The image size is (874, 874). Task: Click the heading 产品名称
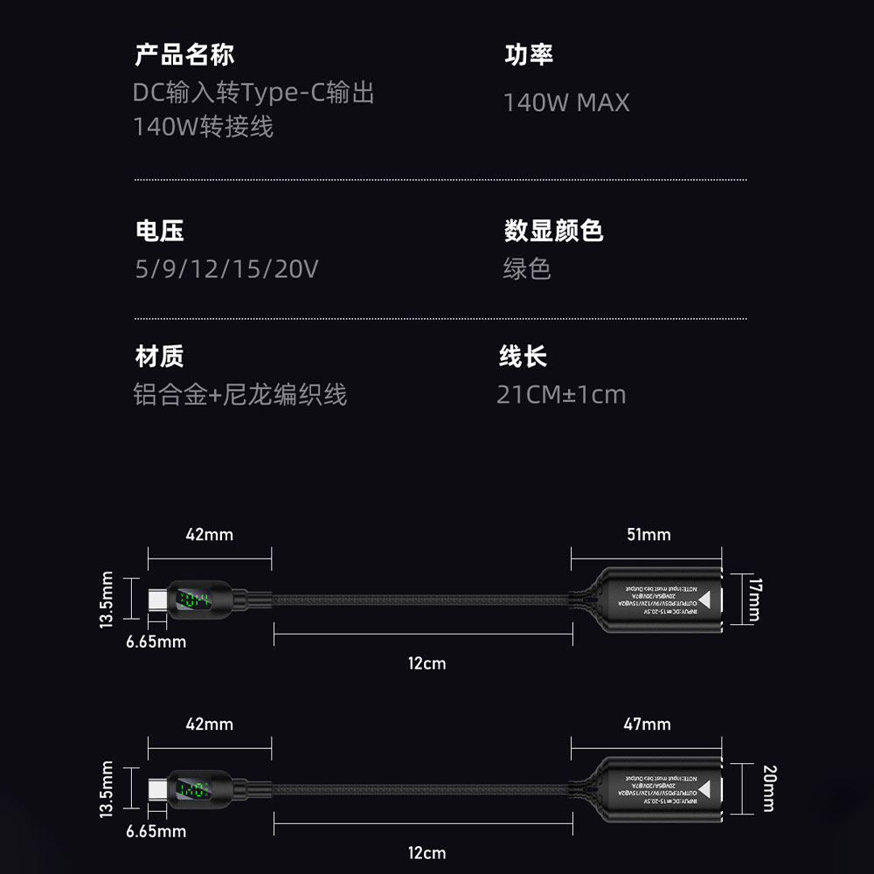pyautogui.click(x=184, y=55)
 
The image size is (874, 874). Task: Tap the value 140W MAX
pyautogui.click(x=566, y=102)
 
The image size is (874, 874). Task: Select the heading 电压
pyautogui.click(x=160, y=231)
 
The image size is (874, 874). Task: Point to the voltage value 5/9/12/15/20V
pyautogui.click(x=226, y=268)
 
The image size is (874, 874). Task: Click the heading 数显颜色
pyautogui.click(x=553, y=231)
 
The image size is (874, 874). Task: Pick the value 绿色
pyautogui.click(x=527, y=268)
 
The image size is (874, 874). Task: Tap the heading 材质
pyautogui.click(x=160, y=357)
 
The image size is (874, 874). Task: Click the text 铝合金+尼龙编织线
pyautogui.click(x=240, y=394)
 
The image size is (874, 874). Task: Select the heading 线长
pyautogui.click(x=523, y=357)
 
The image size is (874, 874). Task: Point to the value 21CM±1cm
pyautogui.click(x=561, y=394)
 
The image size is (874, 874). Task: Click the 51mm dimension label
pyautogui.click(x=649, y=534)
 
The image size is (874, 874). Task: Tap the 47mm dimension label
pyautogui.click(x=647, y=724)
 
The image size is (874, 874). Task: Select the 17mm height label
pyautogui.click(x=754, y=599)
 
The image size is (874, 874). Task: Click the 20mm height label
pyautogui.click(x=768, y=788)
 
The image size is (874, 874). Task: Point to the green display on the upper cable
pyautogui.click(x=194, y=600)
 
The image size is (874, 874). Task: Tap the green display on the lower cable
pyautogui.click(x=194, y=790)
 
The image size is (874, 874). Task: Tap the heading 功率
pyautogui.click(x=529, y=55)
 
